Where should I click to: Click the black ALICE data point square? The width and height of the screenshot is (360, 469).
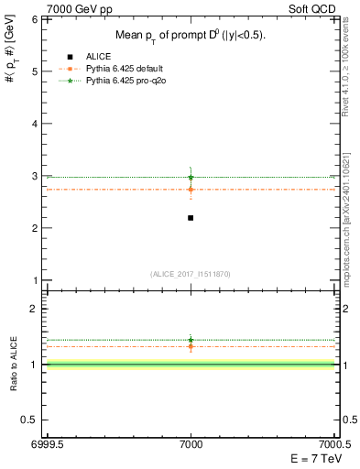click(x=191, y=217)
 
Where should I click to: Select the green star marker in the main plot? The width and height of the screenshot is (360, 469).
click(x=191, y=177)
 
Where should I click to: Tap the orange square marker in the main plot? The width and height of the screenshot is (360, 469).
click(x=191, y=190)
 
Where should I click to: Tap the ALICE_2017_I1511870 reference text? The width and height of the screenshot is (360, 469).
click(x=191, y=274)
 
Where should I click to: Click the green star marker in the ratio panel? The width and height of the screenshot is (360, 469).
click(x=191, y=340)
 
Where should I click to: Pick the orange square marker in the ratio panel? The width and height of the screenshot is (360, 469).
click(x=191, y=346)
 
